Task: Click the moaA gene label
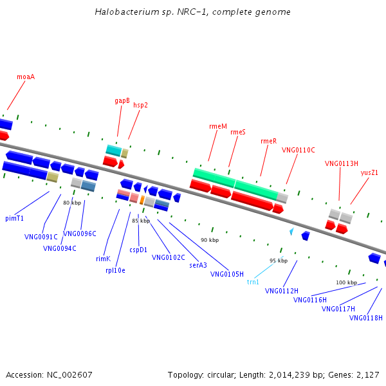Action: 26,77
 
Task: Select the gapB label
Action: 122,101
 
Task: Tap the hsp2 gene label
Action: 140,105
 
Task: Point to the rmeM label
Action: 218,127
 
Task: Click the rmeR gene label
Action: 268,141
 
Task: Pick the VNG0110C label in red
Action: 299,150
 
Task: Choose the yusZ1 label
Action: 369,172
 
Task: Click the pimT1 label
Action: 15,218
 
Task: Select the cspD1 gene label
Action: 138,250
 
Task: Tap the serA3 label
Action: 198,264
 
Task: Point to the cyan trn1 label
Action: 253,282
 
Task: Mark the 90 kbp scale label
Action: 209,240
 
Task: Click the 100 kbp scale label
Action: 346,282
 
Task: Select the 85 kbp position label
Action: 141,221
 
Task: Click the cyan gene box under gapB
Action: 113,150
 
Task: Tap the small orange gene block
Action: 142,200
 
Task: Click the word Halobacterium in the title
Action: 123,12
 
